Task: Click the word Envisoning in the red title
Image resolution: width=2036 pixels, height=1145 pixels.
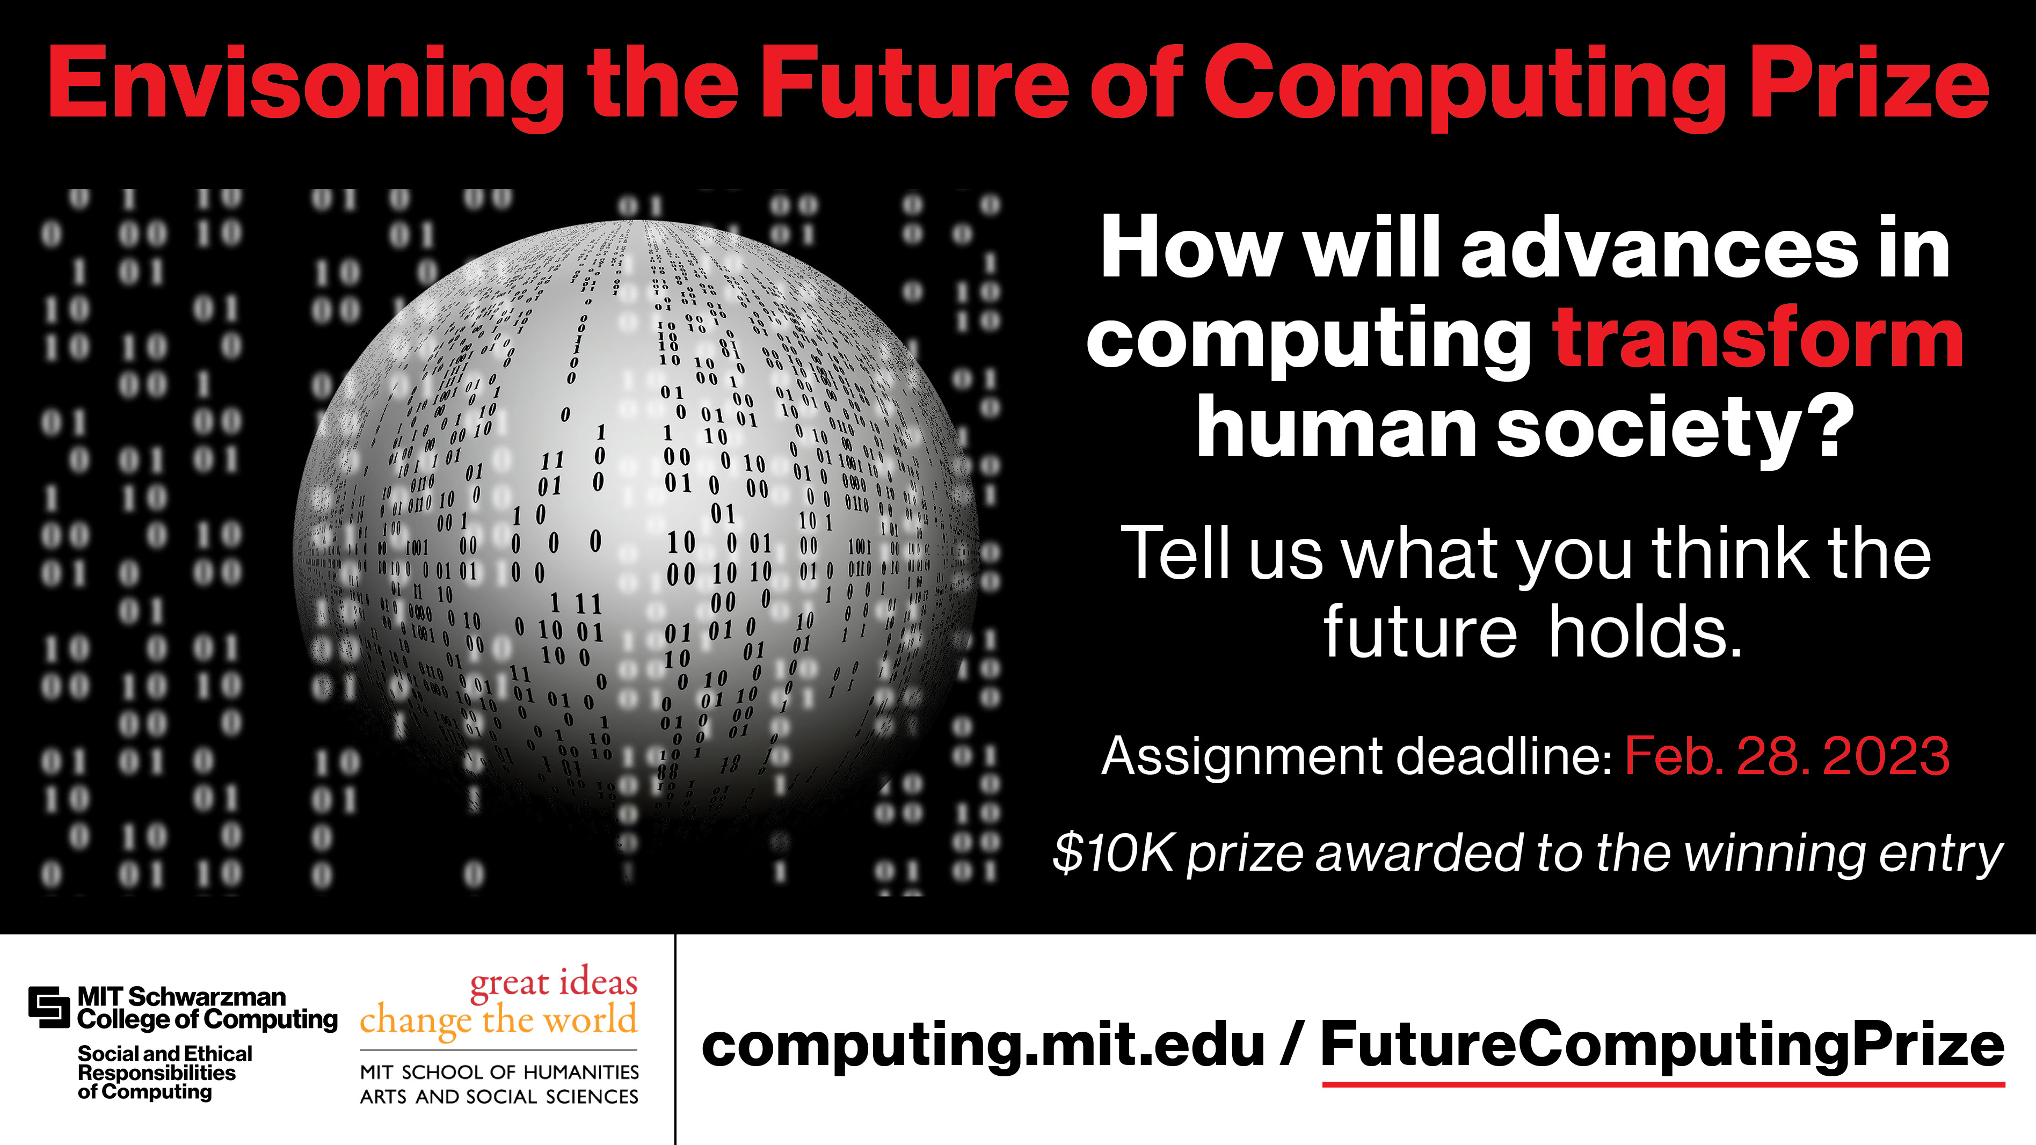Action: (305, 85)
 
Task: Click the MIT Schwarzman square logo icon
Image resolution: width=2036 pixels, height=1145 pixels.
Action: (49, 1008)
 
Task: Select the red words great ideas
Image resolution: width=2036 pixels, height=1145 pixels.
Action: (553, 983)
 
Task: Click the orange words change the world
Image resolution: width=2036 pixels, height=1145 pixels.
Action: (498, 1020)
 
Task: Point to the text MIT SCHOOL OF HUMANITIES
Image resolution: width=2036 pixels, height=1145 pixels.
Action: (499, 1073)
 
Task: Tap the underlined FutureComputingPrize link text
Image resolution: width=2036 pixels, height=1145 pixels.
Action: (1663, 1045)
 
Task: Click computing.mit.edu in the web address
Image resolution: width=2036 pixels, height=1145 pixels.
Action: (983, 1045)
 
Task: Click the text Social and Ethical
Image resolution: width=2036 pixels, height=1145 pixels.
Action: (164, 1054)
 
